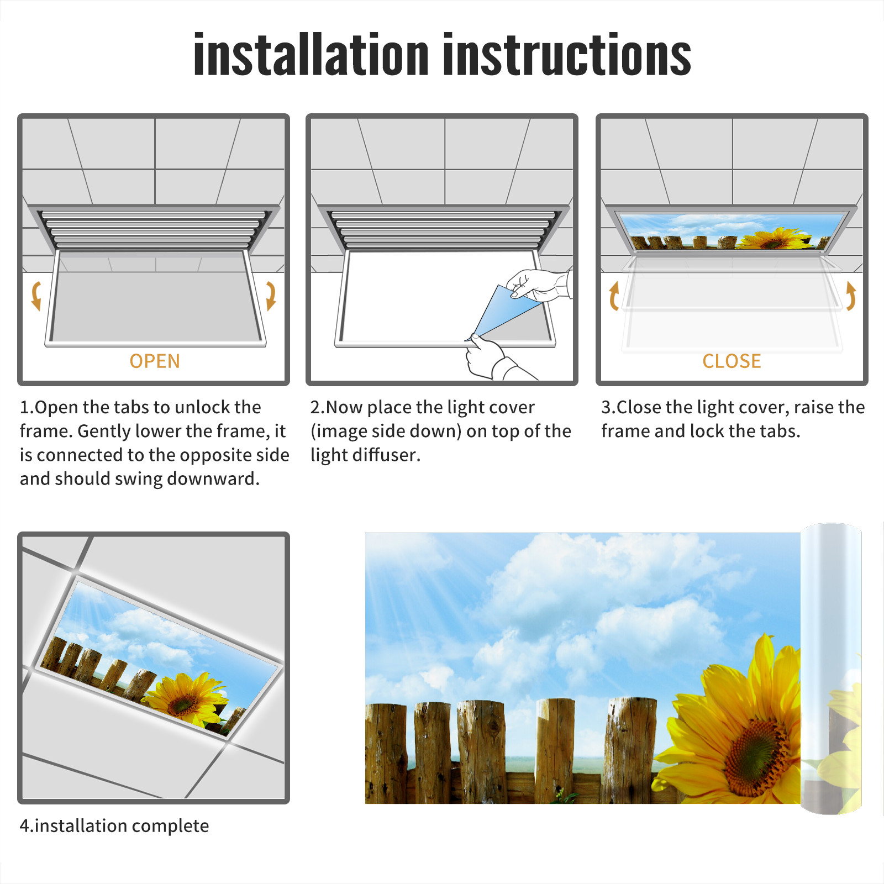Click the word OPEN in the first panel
click(x=155, y=361)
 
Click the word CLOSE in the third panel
click(x=732, y=361)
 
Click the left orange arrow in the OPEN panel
click(x=36, y=296)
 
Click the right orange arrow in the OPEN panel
click(x=271, y=296)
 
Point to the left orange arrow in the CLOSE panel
click(x=613, y=296)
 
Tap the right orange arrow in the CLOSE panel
click(x=851, y=296)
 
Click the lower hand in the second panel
click(x=494, y=359)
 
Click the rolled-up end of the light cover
click(x=831, y=669)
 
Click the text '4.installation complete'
click(x=114, y=825)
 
